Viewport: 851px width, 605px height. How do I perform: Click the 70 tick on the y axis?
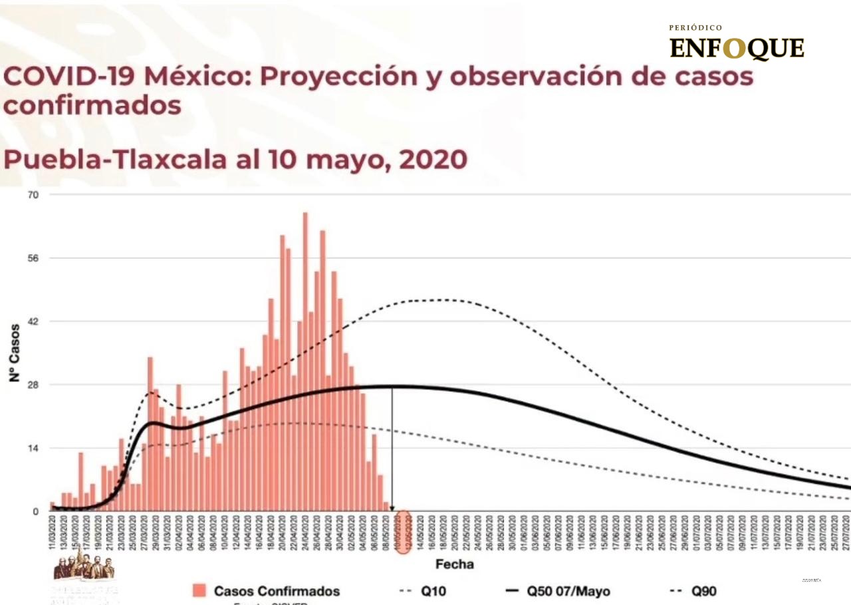(33, 195)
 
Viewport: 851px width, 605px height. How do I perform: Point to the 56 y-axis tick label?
(33, 258)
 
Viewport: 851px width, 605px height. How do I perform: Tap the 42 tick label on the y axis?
(33, 321)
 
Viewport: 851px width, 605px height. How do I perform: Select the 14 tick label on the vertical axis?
(33, 448)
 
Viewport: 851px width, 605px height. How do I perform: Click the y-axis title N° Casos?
(14, 353)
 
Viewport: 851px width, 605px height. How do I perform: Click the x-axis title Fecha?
(455, 564)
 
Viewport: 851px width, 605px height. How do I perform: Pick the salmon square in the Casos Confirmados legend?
(198, 590)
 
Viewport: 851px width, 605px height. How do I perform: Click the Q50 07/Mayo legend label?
(568, 591)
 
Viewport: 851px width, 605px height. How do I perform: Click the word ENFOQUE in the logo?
(737, 49)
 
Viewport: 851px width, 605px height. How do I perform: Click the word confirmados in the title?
(92, 106)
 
